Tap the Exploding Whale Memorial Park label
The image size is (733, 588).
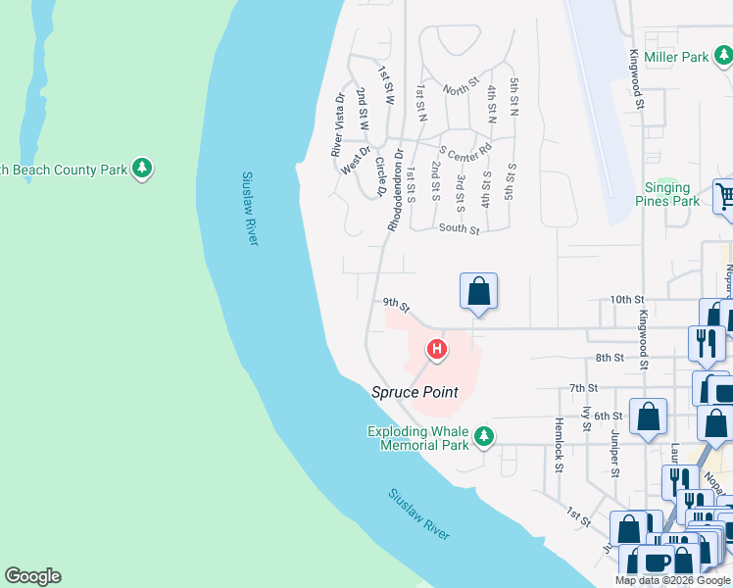tap(418, 437)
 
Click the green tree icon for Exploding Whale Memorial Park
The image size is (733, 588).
tap(482, 437)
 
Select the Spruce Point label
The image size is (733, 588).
tap(415, 392)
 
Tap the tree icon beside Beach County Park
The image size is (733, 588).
tap(143, 170)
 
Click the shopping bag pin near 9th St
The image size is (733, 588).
tap(478, 292)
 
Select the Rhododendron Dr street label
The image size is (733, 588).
tap(394, 190)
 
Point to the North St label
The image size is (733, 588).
tap(460, 89)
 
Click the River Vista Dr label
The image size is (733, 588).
tap(338, 124)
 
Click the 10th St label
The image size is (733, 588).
tap(626, 299)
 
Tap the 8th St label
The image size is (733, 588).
tap(610, 359)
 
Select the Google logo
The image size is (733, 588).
tap(32, 576)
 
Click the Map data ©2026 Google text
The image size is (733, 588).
tap(672, 580)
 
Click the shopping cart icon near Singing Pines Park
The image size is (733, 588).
tap(725, 197)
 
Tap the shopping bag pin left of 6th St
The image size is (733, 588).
tap(648, 416)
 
